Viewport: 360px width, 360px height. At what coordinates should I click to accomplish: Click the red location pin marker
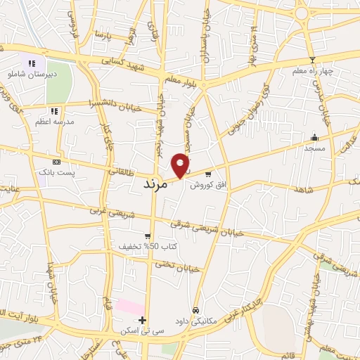pos(181,165)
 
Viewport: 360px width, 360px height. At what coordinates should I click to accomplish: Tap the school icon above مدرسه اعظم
pos(54,111)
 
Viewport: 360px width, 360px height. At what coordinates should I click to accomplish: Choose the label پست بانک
pos(56,172)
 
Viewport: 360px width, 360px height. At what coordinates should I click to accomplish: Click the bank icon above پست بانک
pos(56,162)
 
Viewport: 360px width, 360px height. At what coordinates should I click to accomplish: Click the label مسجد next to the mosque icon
pos(315,148)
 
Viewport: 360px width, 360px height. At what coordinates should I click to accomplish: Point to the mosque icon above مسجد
pos(314,138)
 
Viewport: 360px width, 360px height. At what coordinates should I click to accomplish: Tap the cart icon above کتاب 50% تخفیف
pos(147,236)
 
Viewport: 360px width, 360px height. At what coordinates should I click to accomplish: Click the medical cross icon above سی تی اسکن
pos(143,320)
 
